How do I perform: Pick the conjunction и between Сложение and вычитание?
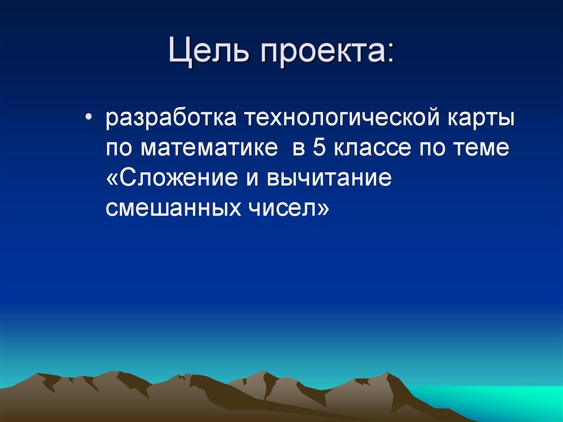[x=256, y=179]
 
